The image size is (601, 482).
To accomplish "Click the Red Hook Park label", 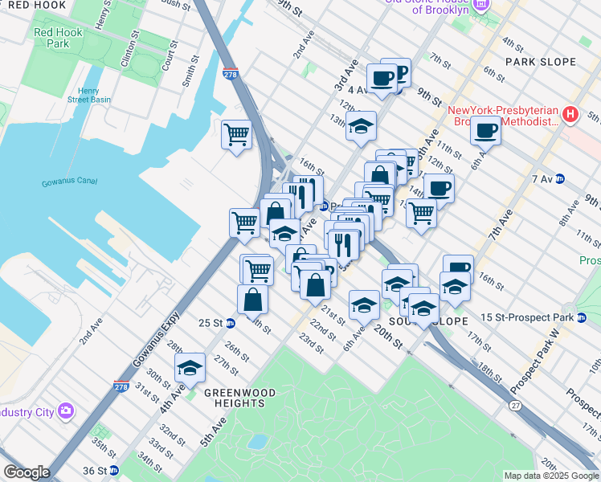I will [x=52, y=39].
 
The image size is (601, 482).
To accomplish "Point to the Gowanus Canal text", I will [x=67, y=183].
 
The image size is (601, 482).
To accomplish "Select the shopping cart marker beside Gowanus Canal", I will [x=237, y=133].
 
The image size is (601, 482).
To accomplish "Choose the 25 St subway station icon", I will [x=231, y=323].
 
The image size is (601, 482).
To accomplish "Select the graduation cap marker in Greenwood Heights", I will [x=190, y=368].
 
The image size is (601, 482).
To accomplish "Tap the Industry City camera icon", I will [x=65, y=412].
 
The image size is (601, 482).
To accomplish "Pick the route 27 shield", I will [x=514, y=406].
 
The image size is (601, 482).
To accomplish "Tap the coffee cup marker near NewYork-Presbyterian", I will [x=485, y=130].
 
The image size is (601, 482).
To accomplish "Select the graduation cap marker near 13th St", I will [x=362, y=126].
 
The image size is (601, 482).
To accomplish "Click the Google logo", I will [x=27, y=472].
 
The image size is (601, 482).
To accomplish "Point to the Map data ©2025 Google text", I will [x=551, y=476].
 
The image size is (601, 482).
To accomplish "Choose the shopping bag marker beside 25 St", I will [x=252, y=299].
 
